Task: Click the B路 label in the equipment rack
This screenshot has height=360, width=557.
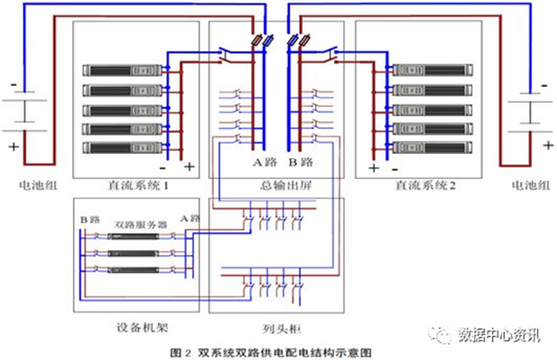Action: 89,219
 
